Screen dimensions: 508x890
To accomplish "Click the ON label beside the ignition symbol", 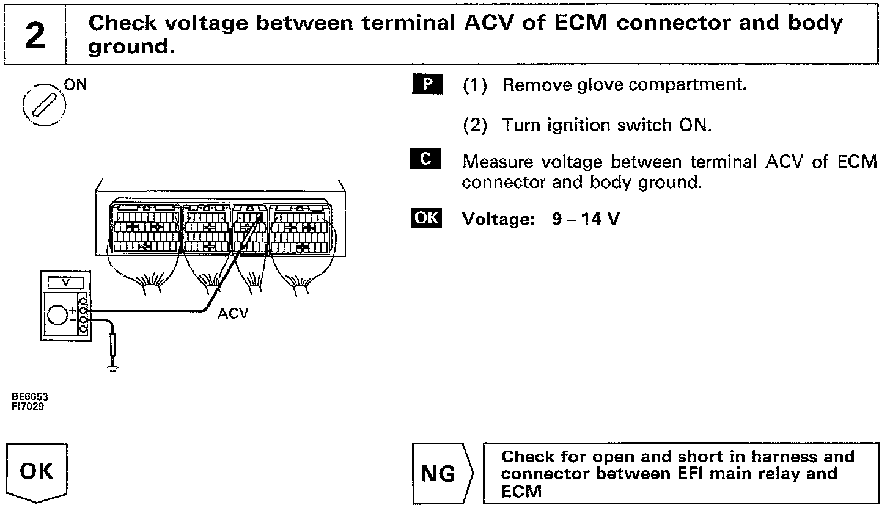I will (76, 85).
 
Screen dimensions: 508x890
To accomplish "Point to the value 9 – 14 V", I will (585, 219).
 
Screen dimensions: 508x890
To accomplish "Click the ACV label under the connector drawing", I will (233, 313).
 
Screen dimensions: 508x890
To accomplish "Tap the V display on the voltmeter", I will (66, 283).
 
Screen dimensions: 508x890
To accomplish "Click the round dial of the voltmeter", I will (56, 315).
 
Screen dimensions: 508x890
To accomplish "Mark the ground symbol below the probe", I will (112, 368).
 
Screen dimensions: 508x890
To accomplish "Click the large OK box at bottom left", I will (36, 471).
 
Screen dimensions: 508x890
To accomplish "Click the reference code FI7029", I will (28, 405).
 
